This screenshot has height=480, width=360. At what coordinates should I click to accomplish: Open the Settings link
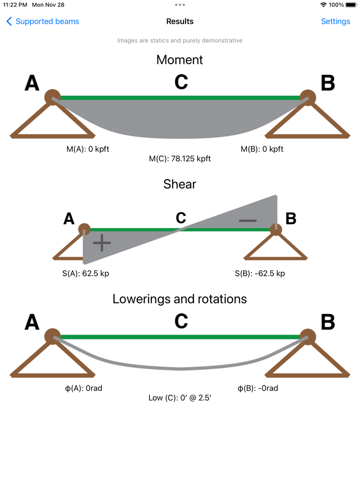[x=335, y=22]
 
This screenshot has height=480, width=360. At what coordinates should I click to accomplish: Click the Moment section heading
[x=179, y=60]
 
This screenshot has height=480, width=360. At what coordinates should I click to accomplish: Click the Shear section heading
[x=179, y=184]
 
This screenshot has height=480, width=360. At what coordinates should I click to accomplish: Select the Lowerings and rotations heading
[x=179, y=299]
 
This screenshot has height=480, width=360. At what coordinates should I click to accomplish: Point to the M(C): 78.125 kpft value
[x=179, y=159]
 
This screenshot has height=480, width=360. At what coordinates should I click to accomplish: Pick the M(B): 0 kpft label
[x=262, y=149]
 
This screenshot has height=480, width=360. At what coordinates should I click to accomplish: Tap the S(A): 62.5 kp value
[x=85, y=273]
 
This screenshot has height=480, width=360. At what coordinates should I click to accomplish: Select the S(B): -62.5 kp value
[x=259, y=273]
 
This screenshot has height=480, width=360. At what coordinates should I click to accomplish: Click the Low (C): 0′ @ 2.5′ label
[x=179, y=398]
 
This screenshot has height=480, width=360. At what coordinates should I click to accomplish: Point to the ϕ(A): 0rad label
[x=83, y=388]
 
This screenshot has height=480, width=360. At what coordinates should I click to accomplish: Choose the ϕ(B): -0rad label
[x=258, y=388]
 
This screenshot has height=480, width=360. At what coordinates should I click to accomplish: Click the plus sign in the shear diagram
[x=102, y=243]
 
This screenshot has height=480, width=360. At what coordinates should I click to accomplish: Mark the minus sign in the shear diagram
[x=247, y=221]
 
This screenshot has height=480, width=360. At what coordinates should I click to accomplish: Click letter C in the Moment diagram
[x=181, y=82]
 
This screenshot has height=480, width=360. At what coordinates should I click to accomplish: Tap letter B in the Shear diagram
[x=291, y=219]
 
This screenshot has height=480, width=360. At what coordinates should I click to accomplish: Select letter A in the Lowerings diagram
[x=32, y=322]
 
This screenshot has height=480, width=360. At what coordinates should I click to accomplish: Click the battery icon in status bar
[x=351, y=5]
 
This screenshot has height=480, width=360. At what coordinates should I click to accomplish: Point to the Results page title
[x=179, y=22]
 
